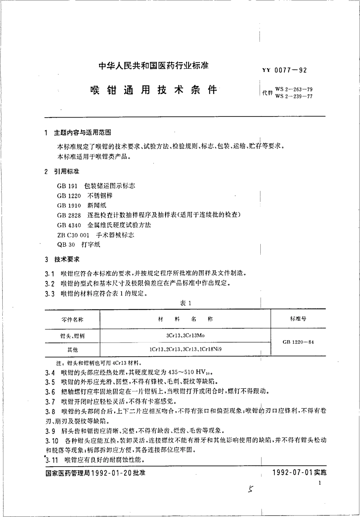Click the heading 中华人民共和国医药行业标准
point(153,65)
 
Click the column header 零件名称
point(72,319)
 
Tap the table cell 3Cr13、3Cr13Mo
point(185,335)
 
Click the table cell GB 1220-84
point(298,342)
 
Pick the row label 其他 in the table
point(72,349)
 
